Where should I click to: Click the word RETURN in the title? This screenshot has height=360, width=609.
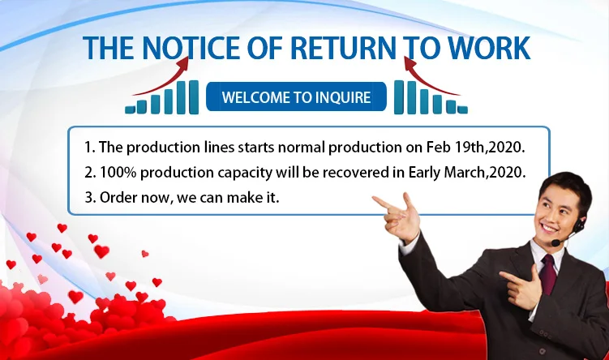coord(342,48)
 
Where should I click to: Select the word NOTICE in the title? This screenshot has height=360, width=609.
coord(191,48)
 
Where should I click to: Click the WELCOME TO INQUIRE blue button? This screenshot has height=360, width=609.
coord(296,96)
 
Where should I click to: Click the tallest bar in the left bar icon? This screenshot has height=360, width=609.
coord(194,97)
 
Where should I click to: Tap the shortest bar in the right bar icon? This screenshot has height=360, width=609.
coord(462,109)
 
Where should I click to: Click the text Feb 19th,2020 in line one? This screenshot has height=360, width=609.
coord(475,148)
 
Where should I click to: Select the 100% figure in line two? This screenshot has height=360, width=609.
coord(118,173)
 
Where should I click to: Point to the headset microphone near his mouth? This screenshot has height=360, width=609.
coord(555,242)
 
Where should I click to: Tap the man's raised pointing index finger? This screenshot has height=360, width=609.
coord(382,202)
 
